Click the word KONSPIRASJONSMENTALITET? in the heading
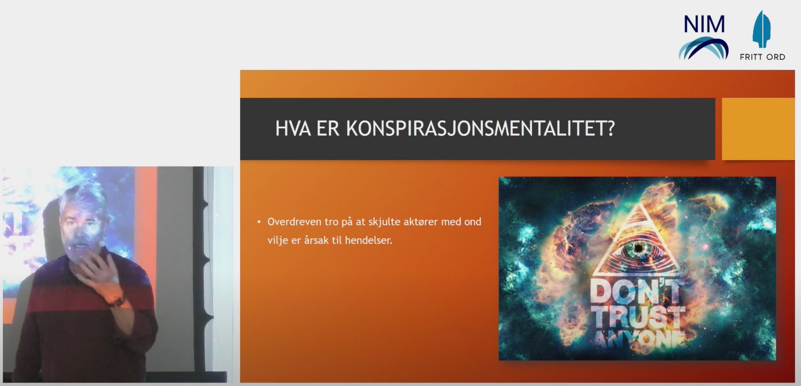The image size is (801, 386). coord(480,129)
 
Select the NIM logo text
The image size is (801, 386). coord(704,24)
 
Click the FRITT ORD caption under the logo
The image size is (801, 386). coord(762,57)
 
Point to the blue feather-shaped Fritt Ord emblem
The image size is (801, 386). coord(762,29)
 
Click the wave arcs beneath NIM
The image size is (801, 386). coord(703,48)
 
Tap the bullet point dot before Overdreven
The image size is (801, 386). coord(259,222)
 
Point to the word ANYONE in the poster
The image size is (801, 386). coord(639,340)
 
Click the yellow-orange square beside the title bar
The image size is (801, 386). coord(758,129)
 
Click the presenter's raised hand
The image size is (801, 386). coord(99,275)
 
